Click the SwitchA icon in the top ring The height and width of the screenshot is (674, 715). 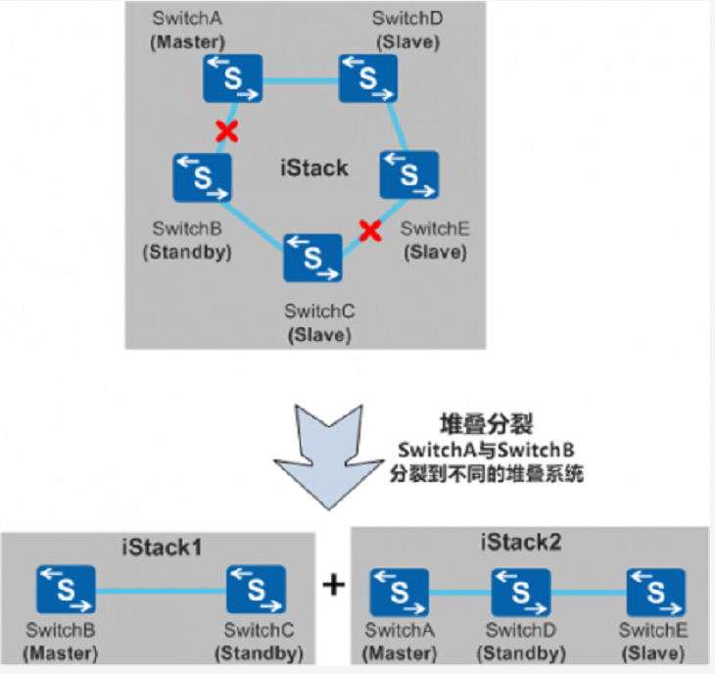pyautogui.click(x=233, y=78)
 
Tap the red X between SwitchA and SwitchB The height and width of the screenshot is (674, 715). pyautogui.click(x=227, y=130)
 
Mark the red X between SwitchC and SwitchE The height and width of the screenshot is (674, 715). pyautogui.click(x=369, y=230)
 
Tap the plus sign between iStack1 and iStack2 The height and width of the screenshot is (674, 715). pyautogui.click(x=334, y=585)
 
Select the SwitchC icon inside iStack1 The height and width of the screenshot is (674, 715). pyautogui.click(x=257, y=590)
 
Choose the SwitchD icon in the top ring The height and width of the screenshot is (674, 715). pyautogui.click(x=367, y=78)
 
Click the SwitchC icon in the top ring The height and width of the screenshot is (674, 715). pyautogui.click(x=312, y=258)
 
